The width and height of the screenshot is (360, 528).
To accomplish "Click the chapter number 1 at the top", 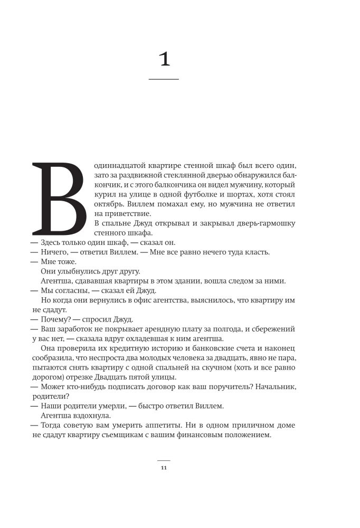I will [x=164, y=59].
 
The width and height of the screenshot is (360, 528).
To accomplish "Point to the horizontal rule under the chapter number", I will [x=164, y=79].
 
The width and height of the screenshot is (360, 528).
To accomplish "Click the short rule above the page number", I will [x=164, y=460].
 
